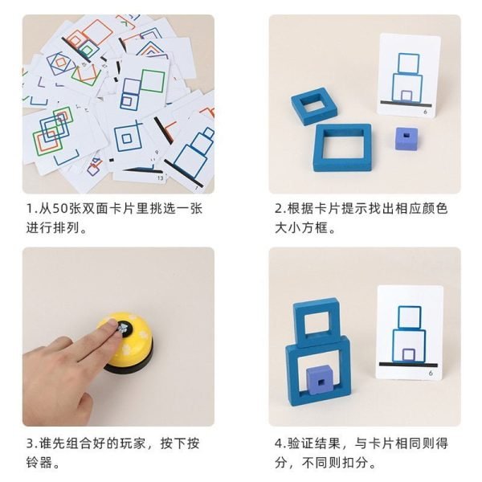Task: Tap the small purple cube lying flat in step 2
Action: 406,138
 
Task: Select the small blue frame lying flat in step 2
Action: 314,104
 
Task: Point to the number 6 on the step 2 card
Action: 426,112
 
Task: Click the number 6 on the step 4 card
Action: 431,373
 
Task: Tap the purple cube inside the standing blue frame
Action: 320,381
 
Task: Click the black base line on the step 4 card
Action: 408,365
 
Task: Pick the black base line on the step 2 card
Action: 406,103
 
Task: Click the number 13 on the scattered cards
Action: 160,178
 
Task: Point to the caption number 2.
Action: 279,208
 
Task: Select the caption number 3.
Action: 31,443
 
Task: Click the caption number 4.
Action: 279,443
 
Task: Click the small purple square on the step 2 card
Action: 406,96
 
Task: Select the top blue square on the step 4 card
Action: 409,317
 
